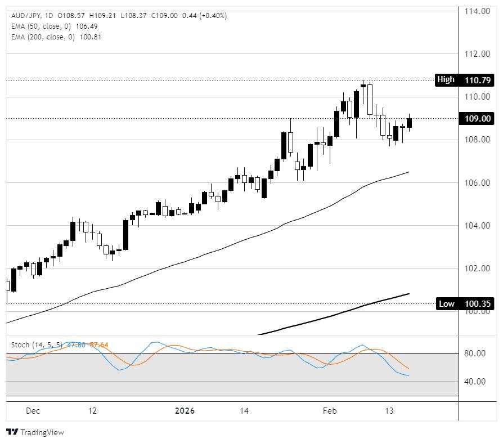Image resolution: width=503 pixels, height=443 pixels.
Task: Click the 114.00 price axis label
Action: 477,11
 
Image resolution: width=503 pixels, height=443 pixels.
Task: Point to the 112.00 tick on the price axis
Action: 477,54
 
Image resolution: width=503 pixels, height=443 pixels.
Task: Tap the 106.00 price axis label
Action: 477,183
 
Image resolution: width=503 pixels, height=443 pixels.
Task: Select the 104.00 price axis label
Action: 477,226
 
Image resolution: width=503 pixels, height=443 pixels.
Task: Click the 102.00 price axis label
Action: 477,269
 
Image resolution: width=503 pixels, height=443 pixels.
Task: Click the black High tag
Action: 446,79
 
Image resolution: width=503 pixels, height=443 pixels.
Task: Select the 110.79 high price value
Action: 478,80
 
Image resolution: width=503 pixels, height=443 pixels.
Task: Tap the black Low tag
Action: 446,304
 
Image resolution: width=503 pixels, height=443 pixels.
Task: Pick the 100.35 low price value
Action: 478,304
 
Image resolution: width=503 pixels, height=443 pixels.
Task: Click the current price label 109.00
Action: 478,118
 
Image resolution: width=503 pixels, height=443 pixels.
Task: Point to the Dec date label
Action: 33,411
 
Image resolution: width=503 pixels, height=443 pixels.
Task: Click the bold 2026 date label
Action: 185,411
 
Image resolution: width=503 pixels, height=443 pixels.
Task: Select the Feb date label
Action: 329,411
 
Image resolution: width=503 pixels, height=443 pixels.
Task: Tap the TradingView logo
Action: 35,432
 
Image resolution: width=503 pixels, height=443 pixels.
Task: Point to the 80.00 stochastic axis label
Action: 476,353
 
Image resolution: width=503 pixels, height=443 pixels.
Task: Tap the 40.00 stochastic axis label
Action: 476,382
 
